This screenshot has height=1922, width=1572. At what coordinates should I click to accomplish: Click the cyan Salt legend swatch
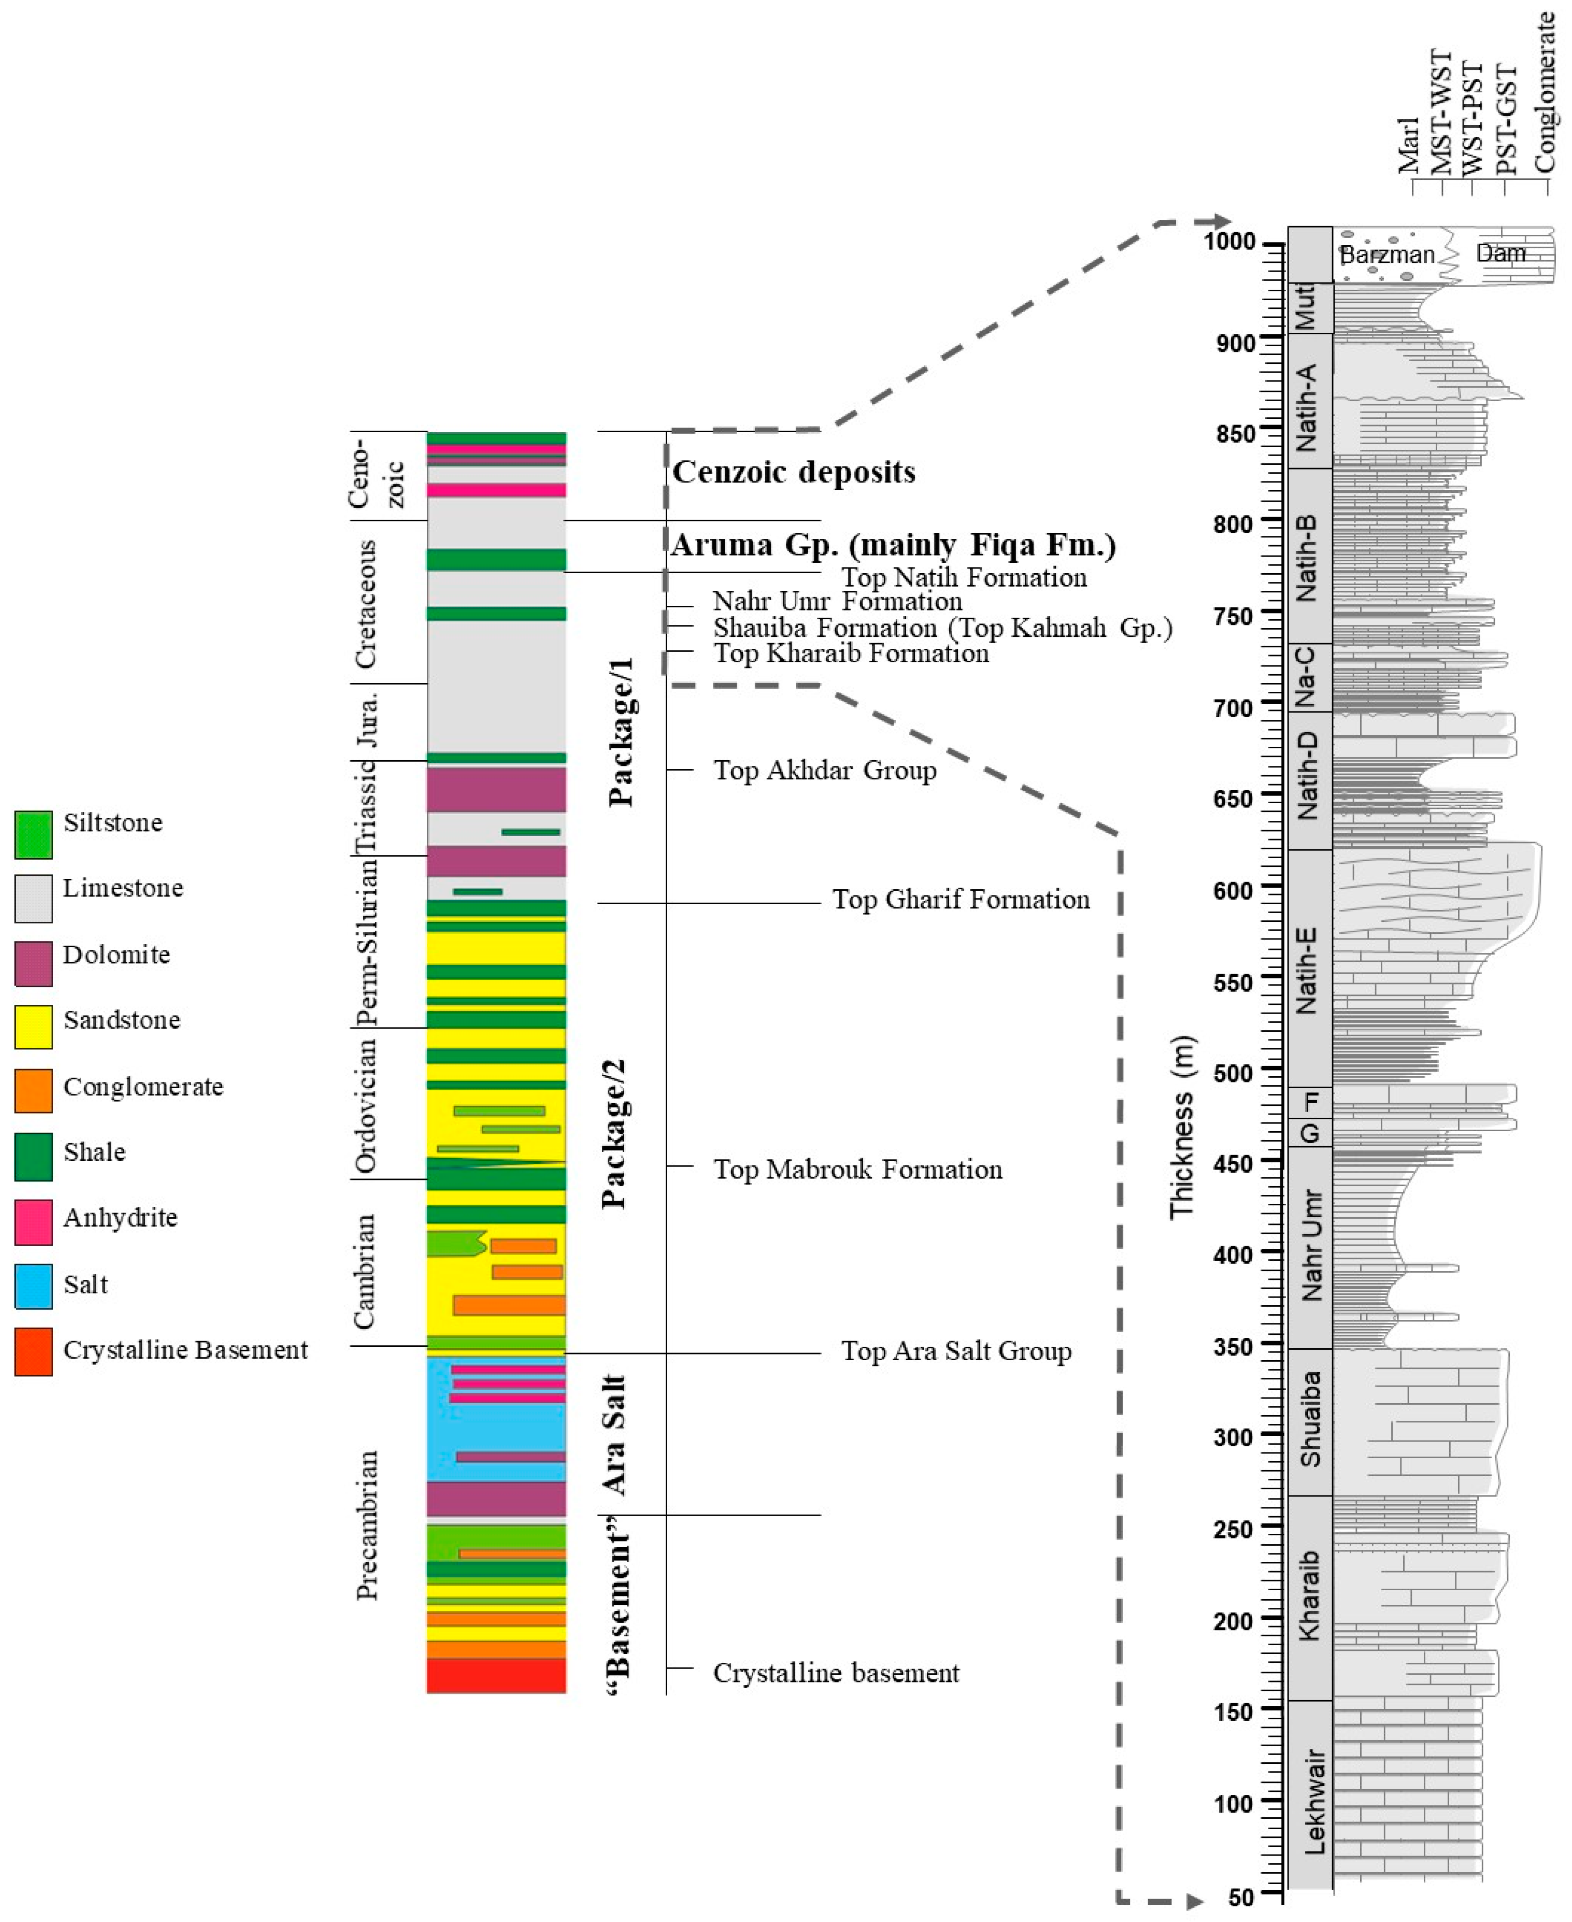[33, 1285]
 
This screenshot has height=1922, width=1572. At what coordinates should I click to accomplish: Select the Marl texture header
[1409, 145]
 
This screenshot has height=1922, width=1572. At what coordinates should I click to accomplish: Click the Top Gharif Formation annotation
[961, 899]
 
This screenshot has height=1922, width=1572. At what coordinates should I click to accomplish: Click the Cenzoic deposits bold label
[793, 472]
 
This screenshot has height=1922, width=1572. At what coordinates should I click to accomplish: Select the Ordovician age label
[366, 1105]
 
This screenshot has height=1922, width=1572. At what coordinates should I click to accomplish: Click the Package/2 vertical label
[614, 1132]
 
